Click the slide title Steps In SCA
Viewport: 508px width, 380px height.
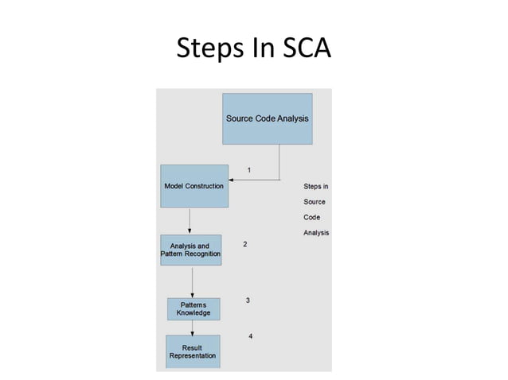pyautogui.click(x=253, y=48)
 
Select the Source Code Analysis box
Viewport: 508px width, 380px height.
pyautogui.click(x=267, y=118)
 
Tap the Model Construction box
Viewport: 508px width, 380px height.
pyautogui.click(x=193, y=186)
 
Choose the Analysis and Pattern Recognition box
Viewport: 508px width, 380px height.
pyautogui.click(x=190, y=250)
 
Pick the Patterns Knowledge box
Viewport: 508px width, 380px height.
pyautogui.click(x=193, y=308)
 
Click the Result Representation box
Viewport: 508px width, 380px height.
pyautogui.click(x=192, y=351)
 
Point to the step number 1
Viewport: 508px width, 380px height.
pyautogui.click(x=250, y=169)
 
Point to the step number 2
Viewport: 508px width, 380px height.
pyautogui.click(x=244, y=244)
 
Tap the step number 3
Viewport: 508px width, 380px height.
pyautogui.click(x=248, y=301)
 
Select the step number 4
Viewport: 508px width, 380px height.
pyautogui.click(x=251, y=336)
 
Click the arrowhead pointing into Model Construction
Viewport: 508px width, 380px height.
pyautogui.click(x=230, y=180)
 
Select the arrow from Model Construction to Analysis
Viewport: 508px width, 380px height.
pyautogui.click(x=190, y=221)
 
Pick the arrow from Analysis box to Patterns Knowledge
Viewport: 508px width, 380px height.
pyautogui.click(x=192, y=282)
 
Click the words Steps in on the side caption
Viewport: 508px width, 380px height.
pyautogui.click(x=315, y=187)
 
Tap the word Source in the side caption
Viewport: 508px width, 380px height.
pyautogui.click(x=315, y=202)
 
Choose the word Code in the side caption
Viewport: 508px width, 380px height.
pyautogui.click(x=311, y=217)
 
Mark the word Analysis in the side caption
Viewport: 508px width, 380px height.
pyautogui.click(x=316, y=233)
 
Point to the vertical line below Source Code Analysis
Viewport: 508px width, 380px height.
pyautogui.click(x=279, y=161)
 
